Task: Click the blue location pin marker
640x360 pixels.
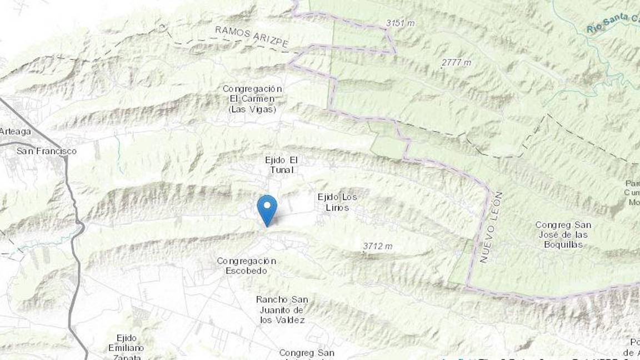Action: (267, 209)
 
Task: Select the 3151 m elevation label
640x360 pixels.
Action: (399, 23)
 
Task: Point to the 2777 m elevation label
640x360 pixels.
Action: (456, 63)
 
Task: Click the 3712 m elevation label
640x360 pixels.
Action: (378, 246)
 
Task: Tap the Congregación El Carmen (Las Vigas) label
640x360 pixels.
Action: (252, 99)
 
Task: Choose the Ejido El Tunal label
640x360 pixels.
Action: (282, 165)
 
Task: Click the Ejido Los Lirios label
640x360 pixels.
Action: (337, 202)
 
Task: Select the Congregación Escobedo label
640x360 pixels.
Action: (246, 266)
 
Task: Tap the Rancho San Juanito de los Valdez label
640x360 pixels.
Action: (282, 309)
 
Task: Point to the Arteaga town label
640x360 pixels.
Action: (16, 132)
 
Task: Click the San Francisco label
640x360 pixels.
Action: (47, 151)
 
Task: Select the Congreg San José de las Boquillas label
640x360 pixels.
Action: (563, 234)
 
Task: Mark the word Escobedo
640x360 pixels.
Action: (246, 271)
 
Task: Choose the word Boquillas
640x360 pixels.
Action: (563, 244)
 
